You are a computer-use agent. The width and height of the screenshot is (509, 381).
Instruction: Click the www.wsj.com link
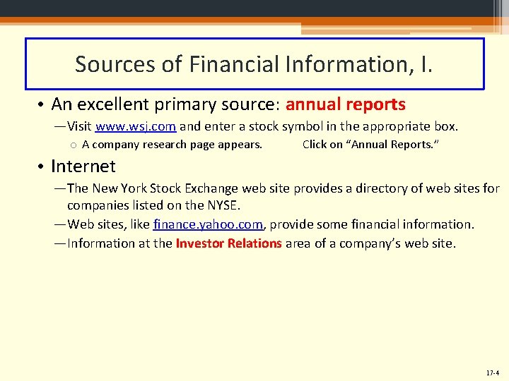[135, 127]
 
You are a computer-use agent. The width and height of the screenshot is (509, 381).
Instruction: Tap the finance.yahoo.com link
[208, 224]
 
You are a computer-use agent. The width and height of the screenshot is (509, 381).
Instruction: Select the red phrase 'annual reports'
[345, 105]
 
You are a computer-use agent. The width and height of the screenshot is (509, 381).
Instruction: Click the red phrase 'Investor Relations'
[228, 243]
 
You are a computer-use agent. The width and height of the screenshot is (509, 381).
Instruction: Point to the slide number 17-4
[492, 372]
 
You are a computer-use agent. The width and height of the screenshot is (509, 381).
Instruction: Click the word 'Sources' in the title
[115, 64]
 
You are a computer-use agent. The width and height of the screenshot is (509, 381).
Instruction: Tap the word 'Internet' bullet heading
[83, 167]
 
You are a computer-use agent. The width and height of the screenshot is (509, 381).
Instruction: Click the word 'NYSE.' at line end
[225, 205]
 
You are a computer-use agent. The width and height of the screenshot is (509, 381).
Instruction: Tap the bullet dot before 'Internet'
[41, 167]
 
